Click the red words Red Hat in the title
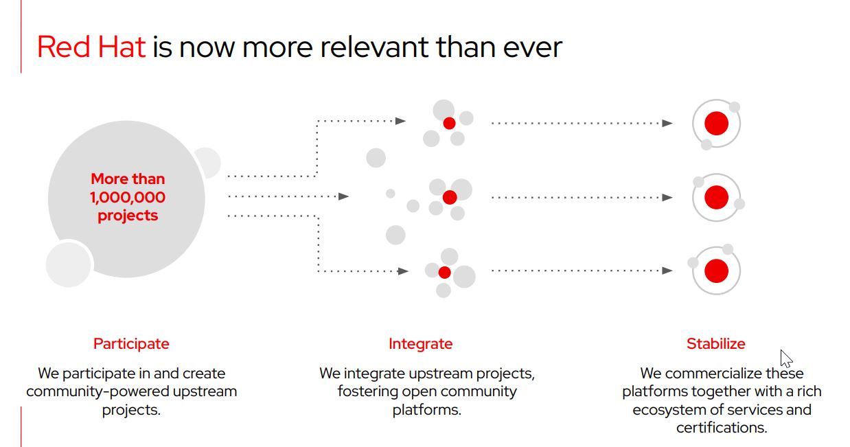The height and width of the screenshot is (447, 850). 91,47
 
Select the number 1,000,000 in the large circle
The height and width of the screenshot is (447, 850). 128,197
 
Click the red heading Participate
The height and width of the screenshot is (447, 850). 131,343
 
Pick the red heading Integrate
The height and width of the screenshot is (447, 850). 420,343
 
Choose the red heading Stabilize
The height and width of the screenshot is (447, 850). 715,343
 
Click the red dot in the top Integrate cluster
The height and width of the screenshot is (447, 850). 449,123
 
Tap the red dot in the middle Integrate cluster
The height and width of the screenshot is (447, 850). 450,197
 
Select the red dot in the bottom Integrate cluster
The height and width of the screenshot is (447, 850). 444,272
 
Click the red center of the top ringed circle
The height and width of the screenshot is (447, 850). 716,124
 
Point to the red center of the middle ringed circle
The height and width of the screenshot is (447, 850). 716,197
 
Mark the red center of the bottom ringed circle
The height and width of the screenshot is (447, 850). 716,271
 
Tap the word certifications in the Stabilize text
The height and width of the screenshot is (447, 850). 721,427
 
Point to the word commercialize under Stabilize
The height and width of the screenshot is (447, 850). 712,374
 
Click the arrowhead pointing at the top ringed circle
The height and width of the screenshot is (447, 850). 667,124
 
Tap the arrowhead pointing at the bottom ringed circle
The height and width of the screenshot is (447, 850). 667,271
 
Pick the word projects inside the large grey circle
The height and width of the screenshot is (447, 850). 128,216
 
